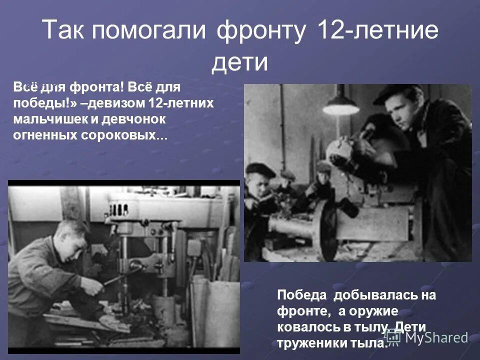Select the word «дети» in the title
[240, 62]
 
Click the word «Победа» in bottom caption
[302, 295]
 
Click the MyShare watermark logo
[430, 337]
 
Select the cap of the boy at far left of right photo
[260, 170]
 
